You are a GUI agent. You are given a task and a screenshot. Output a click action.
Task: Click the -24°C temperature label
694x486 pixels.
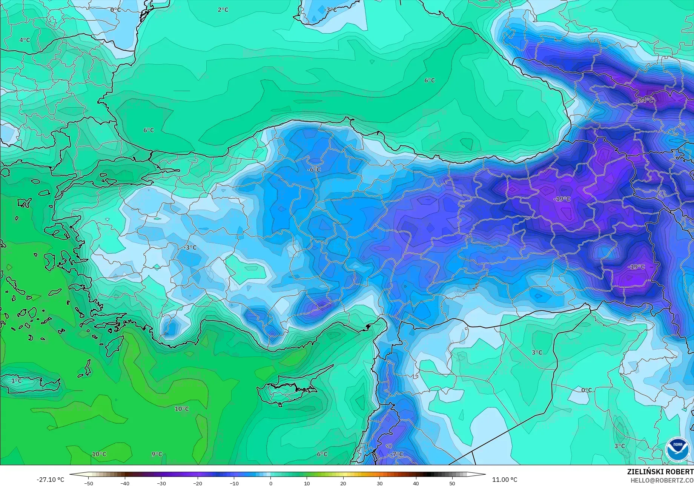pyautogui.click(x=645, y=100)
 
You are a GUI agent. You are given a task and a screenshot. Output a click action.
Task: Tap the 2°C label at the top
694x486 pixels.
pyautogui.click(x=223, y=10)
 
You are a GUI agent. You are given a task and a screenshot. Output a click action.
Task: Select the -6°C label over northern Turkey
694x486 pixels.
pyautogui.click(x=314, y=170)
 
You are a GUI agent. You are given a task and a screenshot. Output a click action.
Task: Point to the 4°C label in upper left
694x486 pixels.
pyautogui.click(x=25, y=40)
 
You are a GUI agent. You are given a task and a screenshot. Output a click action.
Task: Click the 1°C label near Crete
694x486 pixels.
pyautogui.click(x=16, y=381)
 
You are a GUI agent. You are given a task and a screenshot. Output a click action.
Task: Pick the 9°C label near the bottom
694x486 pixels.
pyautogui.click(x=157, y=454)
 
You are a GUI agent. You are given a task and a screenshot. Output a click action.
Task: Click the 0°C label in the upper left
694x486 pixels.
pyautogui.click(x=115, y=10)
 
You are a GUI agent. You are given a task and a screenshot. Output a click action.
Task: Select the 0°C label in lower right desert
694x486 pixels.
pyautogui.click(x=586, y=390)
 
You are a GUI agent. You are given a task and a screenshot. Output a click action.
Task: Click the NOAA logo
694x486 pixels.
pyautogui.click(x=677, y=449)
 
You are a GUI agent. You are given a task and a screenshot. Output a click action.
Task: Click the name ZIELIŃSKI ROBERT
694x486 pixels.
pyautogui.click(x=660, y=472)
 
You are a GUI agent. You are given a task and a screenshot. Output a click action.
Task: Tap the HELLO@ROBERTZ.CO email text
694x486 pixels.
pyautogui.click(x=662, y=480)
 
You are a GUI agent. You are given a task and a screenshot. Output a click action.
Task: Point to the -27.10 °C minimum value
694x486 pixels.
pyautogui.click(x=51, y=480)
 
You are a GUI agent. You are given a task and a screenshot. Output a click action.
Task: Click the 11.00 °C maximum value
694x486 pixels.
pyautogui.click(x=505, y=480)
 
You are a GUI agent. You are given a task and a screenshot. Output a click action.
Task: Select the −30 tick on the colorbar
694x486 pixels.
pyautogui.click(x=161, y=483)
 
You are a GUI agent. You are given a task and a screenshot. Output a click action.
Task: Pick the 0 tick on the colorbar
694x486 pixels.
pyautogui.click(x=270, y=483)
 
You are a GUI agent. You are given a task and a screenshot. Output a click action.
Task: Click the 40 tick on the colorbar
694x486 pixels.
pyautogui.click(x=416, y=483)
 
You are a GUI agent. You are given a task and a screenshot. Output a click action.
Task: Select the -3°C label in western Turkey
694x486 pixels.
pyautogui.click(x=190, y=248)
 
